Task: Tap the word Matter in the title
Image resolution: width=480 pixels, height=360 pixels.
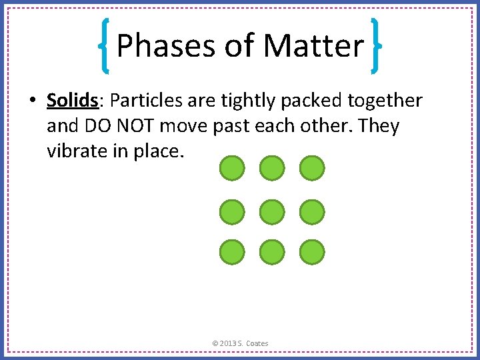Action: coord(314,46)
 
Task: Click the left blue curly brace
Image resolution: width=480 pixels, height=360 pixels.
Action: coord(105,45)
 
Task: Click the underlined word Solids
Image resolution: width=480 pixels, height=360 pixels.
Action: coord(72,101)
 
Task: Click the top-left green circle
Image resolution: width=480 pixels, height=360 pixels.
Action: coord(231,169)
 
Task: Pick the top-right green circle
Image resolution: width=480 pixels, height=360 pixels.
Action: coord(311,169)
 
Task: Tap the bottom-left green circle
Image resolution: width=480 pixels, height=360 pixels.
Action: coord(231,253)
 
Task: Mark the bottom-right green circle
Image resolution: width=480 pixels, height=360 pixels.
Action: coord(311,253)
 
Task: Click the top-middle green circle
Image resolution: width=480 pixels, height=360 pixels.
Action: coord(271,169)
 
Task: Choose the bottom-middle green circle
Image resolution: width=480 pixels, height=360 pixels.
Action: coord(271,253)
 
